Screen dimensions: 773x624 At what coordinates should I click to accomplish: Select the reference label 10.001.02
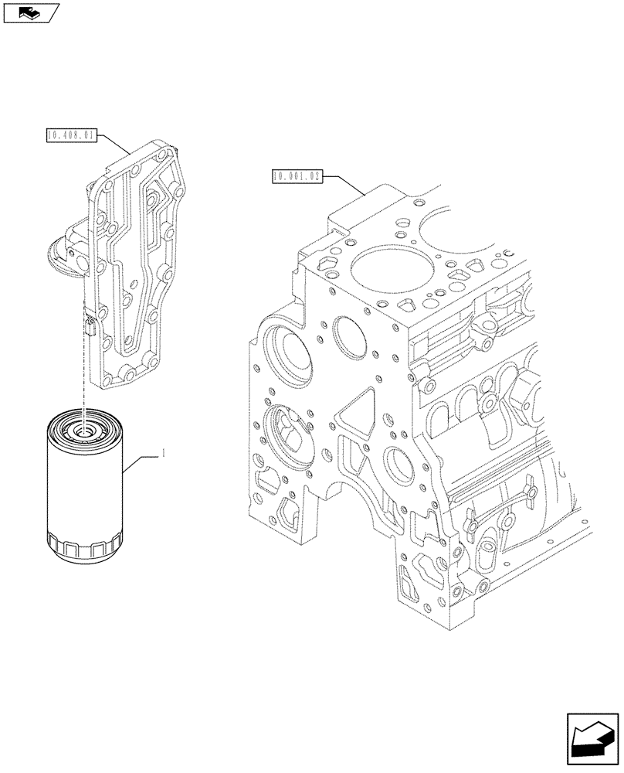coord(297,176)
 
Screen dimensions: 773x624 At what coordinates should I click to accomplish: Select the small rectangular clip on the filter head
coord(88,325)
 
